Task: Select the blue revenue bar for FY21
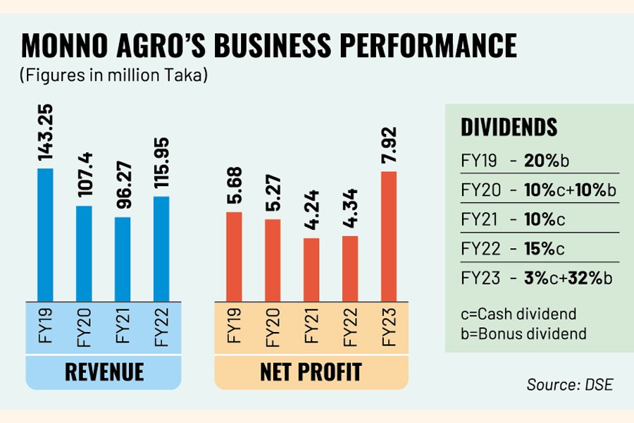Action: click(x=123, y=258)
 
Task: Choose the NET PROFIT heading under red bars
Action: click(x=311, y=371)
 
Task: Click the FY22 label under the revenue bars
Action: click(x=162, y=327)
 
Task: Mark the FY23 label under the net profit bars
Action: click(x=389, y=327)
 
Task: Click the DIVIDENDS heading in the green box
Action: click(x=509, y=128)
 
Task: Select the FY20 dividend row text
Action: click(x=537, y=190)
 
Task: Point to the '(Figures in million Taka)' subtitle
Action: click(x=113, y=75)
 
